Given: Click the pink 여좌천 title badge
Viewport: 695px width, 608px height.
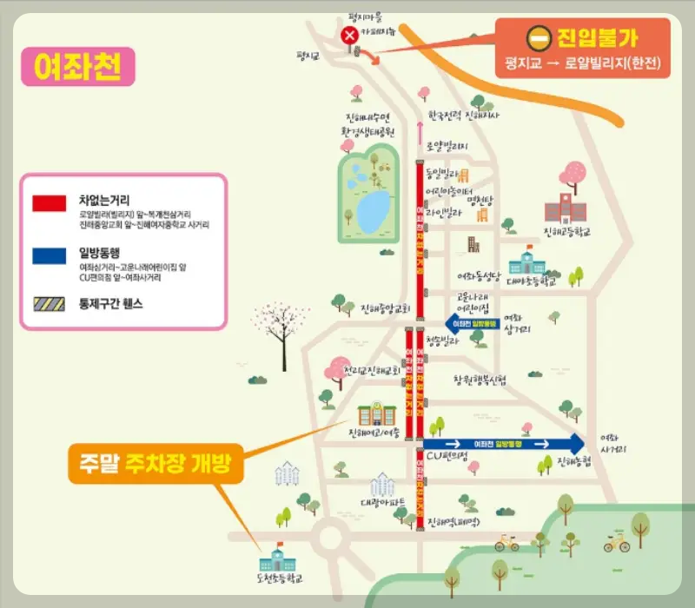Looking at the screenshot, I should pos(77,66).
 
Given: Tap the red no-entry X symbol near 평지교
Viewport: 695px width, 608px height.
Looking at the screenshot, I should pos(349,36).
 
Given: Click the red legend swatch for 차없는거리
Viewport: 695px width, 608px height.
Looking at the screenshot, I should pos(49,203).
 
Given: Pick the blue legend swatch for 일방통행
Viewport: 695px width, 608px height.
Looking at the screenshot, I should pos(49,256).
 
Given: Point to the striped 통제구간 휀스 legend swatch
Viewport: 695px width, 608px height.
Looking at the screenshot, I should pos(49,304).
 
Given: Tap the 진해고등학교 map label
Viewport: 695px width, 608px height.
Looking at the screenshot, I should pos(572,232).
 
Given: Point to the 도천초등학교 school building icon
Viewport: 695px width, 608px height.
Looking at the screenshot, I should pos(279,557).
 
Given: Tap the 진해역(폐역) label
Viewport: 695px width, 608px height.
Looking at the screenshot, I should pos(453,522).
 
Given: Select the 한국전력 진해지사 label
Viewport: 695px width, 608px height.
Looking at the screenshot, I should pos(464,115).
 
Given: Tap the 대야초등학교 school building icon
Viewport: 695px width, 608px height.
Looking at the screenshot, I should pos(528,261).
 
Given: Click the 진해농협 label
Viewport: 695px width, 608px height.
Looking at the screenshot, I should pos(573,460).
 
